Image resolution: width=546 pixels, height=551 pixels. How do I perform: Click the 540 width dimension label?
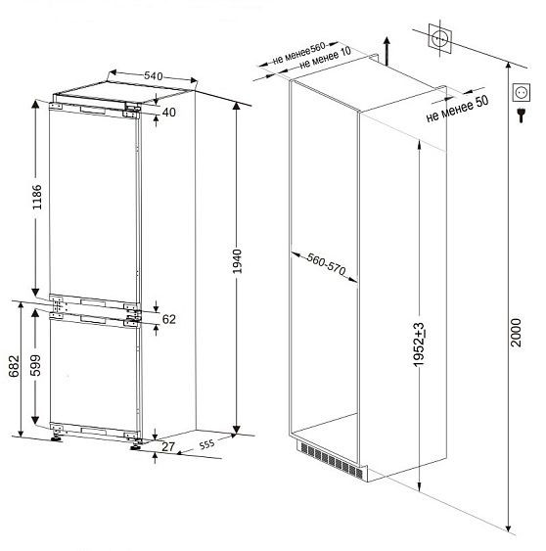154,75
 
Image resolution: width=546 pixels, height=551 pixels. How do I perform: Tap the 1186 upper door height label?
37,197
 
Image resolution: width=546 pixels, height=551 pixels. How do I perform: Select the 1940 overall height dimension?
237,261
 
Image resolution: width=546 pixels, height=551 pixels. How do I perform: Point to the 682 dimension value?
14,366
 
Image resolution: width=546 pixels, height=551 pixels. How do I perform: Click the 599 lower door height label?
35,365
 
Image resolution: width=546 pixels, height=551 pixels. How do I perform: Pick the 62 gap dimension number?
169,319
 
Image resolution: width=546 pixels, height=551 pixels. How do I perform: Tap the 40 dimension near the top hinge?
169,113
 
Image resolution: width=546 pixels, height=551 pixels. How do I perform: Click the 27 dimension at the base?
168,446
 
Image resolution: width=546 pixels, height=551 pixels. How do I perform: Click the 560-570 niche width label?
326,264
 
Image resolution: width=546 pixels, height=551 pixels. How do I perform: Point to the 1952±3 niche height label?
419,344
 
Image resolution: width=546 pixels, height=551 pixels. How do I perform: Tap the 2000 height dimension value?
516,333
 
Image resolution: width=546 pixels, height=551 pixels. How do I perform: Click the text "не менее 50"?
457,109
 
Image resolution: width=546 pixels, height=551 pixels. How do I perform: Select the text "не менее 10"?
325,58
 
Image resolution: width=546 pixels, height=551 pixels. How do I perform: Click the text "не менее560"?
298,54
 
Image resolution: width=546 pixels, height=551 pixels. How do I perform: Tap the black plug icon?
522,115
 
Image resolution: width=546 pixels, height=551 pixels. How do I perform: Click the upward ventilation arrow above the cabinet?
387,51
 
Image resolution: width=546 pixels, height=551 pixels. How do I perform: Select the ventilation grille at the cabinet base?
332,460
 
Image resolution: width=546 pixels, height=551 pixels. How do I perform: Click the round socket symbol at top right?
439,38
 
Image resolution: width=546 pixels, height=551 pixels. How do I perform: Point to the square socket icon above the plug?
522,93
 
